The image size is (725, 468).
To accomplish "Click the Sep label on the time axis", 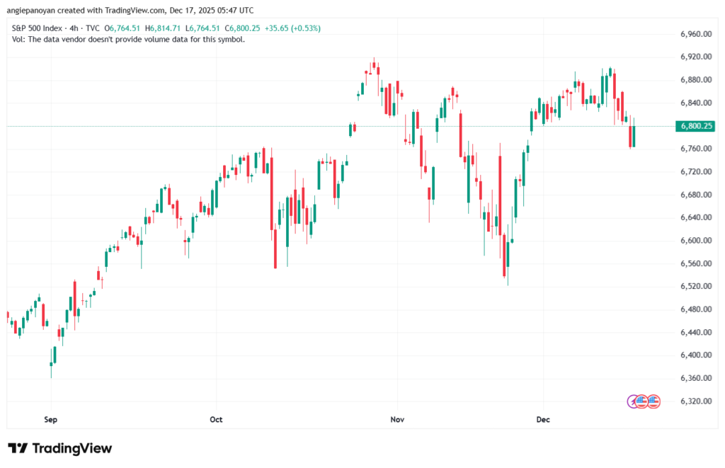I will [50, 419].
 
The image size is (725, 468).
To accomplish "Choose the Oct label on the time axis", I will [216, 419].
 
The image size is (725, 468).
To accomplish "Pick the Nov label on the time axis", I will [397, 419].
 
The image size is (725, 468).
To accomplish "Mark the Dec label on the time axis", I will [543, 419].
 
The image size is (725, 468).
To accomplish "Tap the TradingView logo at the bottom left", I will [60, 448].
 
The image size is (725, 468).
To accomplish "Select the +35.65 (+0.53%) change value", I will [292, 28].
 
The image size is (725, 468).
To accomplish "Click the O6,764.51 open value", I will [124, 28].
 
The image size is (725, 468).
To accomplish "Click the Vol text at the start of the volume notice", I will [19, 39].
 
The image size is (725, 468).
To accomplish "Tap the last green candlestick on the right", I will [634, 136].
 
